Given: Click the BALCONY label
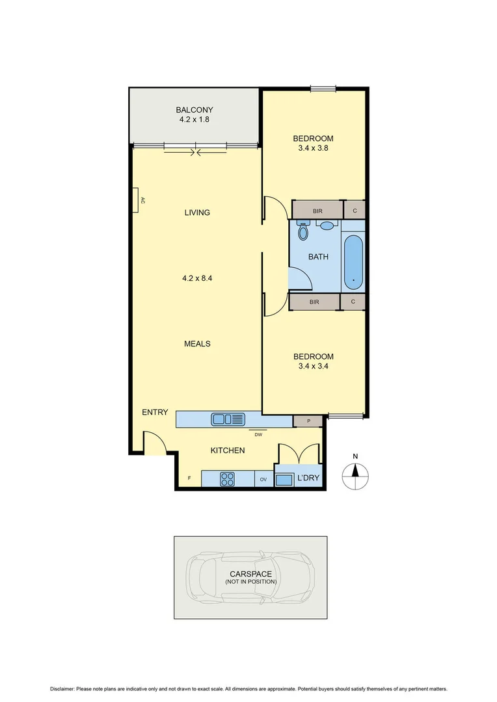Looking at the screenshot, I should [x=194, y=110].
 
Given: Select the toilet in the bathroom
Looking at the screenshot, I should [x=302, y=231].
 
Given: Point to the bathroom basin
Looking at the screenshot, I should [x=328, y=226].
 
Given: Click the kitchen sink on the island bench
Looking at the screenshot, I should [x=227, y=419].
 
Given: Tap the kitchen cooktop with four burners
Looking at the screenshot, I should [x=227, y=479].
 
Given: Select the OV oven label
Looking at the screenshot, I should [x=263, y=479].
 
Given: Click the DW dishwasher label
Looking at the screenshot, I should [x=258, y=434].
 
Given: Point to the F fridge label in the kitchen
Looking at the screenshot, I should [x=189, y=479].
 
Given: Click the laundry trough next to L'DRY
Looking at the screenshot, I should [x=284, y=480].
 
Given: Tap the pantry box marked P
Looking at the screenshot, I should [x=309, y=421].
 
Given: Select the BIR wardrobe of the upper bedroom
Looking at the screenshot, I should [x=317, y=211].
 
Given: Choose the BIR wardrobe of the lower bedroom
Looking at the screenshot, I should [x=314, y=302].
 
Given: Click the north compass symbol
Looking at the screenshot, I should [x=355, y=473].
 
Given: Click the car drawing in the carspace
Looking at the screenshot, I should [x=250, y=577].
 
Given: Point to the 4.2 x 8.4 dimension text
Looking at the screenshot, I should [x=197, y=278].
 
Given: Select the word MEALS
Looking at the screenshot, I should [x=197, y=344].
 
